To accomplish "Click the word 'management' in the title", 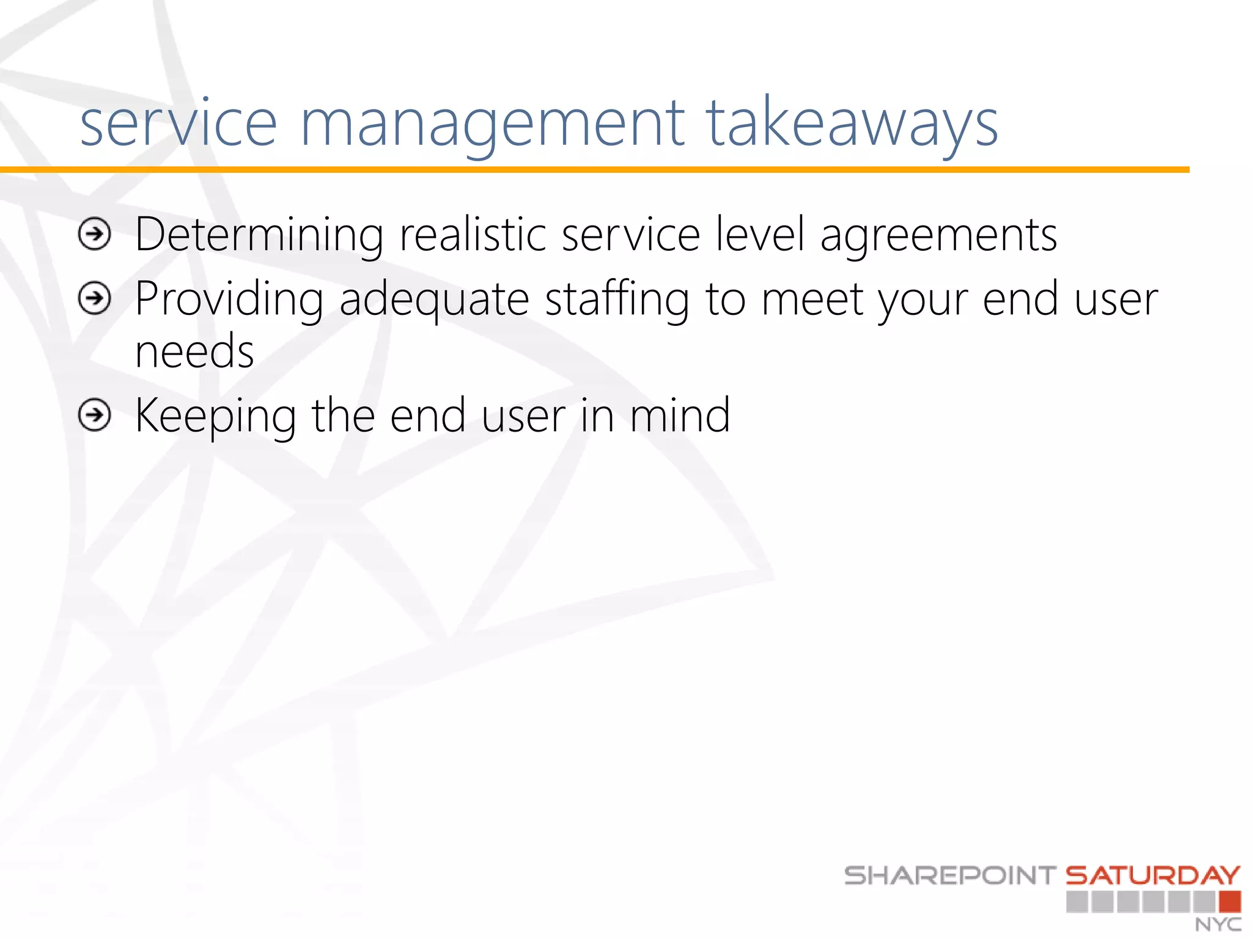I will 492,125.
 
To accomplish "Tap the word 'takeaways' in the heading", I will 852,125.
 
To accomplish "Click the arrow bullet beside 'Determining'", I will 95,234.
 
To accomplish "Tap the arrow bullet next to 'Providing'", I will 95,299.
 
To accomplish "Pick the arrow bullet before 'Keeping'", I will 95,416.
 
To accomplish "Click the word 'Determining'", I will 259,235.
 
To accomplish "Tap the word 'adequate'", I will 434,300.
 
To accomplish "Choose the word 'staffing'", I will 617,300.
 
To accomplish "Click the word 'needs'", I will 194,352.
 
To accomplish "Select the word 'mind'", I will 680,416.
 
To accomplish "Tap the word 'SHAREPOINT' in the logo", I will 950,875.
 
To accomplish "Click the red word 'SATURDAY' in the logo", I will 1153,875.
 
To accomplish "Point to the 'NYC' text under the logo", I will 1218,924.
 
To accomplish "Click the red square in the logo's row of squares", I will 1229,902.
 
